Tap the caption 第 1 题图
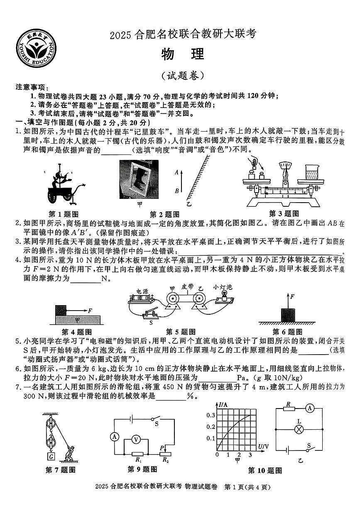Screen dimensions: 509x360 [64, 214]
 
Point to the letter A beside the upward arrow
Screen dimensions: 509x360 [176, 171]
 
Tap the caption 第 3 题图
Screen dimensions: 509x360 [284, 214]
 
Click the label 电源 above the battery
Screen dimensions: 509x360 [143, 291]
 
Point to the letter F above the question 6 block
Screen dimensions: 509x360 [293, 296]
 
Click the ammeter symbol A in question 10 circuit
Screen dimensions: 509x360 [309, 409]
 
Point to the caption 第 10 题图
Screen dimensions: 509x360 [265, 471]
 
